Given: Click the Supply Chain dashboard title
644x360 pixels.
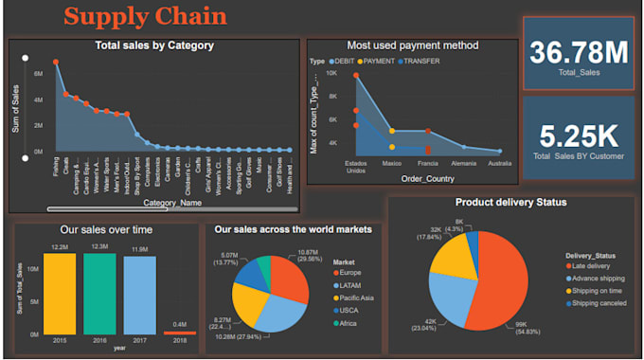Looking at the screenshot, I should [145, 16].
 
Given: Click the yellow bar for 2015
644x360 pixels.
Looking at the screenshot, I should [60, 294].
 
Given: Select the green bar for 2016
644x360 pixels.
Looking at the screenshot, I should [98, 294].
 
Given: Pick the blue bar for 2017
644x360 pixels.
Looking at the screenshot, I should [138, 295].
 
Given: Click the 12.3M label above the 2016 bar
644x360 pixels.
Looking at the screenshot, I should [98, 247].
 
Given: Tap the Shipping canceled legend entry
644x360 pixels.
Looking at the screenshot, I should [599, 304].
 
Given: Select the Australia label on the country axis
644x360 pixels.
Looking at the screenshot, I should [498, 163].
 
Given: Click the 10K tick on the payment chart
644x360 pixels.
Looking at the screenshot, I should [331, 73].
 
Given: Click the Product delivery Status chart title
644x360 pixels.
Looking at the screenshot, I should [510, 202].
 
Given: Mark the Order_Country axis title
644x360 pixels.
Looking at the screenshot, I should [426, 178].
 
